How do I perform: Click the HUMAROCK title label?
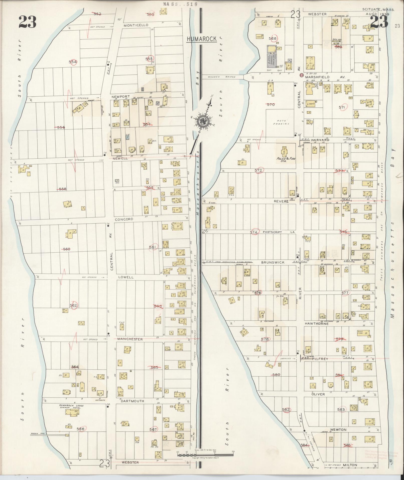[202, 39]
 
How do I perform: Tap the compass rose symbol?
[202, 121]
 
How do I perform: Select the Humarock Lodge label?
[71, 406]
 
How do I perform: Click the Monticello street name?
[136, 25]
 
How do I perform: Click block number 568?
[272, 38]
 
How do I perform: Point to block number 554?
[73, 61]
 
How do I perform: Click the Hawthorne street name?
[316, 324]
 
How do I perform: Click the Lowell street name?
[128, 277]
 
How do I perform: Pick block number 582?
[286, 409]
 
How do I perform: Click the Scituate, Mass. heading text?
[378, 10]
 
